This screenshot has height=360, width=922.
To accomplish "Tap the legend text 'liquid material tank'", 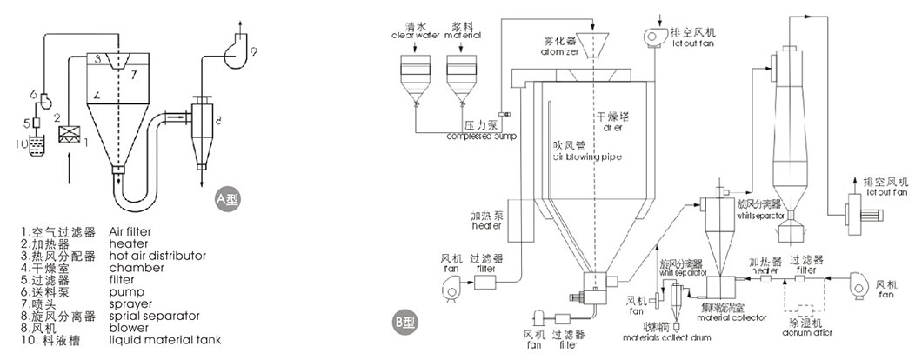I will tap(165, 341).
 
